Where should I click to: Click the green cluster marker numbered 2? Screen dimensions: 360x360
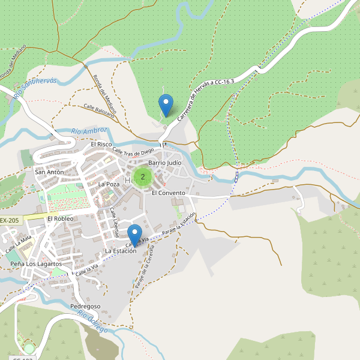click(x=142, y=177)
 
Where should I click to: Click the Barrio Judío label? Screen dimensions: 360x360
click(x=164, y=163)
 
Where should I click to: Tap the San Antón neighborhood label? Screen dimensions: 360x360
click(x=49, y=172)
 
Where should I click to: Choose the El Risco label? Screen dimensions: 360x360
click(x=101, y=145)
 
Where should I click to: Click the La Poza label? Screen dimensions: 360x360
click(x=109, y=184)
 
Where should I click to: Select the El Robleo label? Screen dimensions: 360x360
click(x=60, y=218)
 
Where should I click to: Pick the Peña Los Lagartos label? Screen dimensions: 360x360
click(x=36, y=264)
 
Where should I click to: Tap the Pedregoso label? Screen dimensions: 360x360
click(x=85, y=307)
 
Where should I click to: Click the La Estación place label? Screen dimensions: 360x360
click(x=121, y=251)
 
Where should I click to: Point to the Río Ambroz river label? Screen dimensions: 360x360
click(x=89, y=130)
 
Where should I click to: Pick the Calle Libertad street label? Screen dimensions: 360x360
click(x=114, y=222)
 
